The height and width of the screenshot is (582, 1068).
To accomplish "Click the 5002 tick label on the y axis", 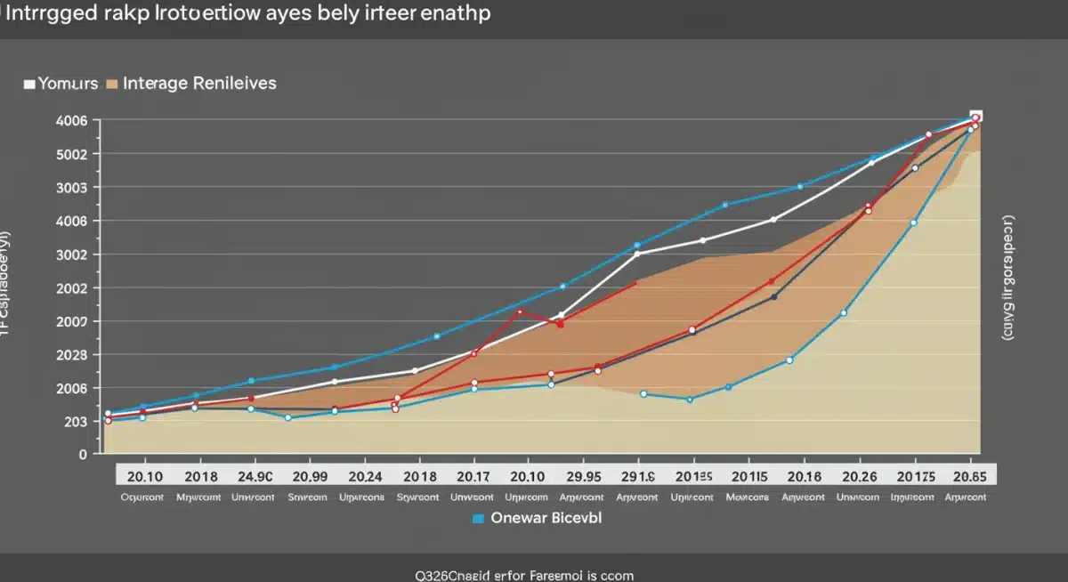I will coord(71,154).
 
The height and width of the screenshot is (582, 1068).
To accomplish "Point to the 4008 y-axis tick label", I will coord(71,221).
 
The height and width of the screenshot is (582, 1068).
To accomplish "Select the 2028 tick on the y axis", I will coord(71,354).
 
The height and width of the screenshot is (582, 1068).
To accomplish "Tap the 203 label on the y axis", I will coord(75,421).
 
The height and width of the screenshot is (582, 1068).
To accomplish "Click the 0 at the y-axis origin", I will coord(83,454).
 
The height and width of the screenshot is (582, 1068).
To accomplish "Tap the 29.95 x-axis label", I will coord(583,477).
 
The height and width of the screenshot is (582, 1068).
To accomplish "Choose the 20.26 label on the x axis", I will coord(859,477).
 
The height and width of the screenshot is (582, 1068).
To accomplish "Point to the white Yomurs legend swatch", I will coord(29,84).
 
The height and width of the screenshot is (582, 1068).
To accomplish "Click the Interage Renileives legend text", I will coord(199,84).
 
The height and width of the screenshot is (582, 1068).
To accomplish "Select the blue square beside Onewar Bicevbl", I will coord(478,518).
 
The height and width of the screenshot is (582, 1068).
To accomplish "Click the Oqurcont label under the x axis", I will coord(142,497).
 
